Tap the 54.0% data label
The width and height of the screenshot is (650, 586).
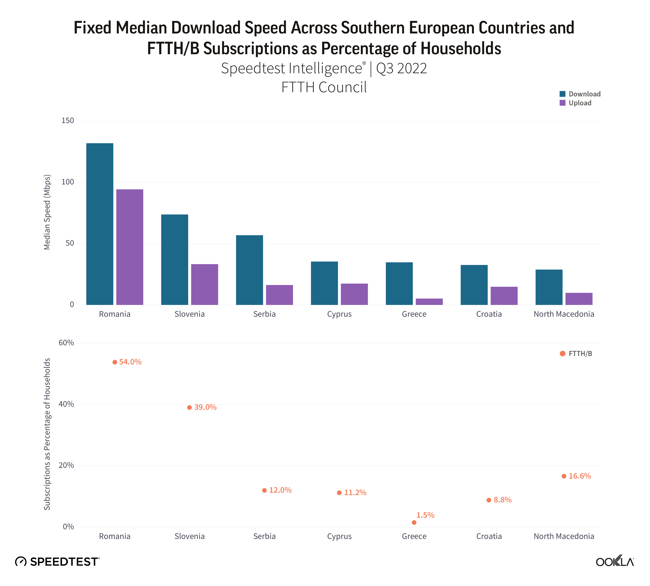[130, 362]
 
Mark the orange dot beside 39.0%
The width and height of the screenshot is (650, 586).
[189, 407]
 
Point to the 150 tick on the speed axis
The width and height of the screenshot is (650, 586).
[68, 121]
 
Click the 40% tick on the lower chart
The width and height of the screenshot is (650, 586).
[66, 404]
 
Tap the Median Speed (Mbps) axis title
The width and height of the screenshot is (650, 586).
[47, 212]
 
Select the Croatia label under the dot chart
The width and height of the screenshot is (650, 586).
[489, 536]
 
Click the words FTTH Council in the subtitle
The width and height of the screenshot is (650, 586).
[324, 87]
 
